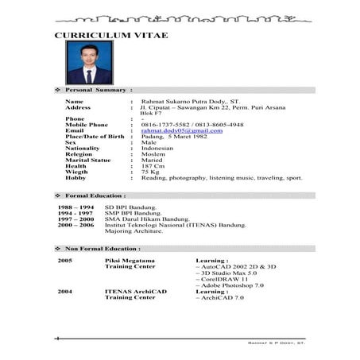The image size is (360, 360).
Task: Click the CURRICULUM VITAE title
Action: click(116, 36)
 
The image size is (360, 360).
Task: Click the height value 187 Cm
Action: click(154, 166)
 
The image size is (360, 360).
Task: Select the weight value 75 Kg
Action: click(150, 172)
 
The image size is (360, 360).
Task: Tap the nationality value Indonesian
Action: click(157, 149)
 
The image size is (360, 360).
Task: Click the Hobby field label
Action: click(76, 178)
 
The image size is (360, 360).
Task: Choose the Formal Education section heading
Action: click(95, 195)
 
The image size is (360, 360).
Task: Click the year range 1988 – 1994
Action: click(75, 207)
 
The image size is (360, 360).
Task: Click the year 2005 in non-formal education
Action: click(65, 261)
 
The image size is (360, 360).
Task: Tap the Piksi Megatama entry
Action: click(130, 261)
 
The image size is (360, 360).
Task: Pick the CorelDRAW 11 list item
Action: click(223, 280)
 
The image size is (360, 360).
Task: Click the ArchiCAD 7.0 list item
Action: click(219, 297)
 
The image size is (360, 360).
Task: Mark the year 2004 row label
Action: click(65, 291)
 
